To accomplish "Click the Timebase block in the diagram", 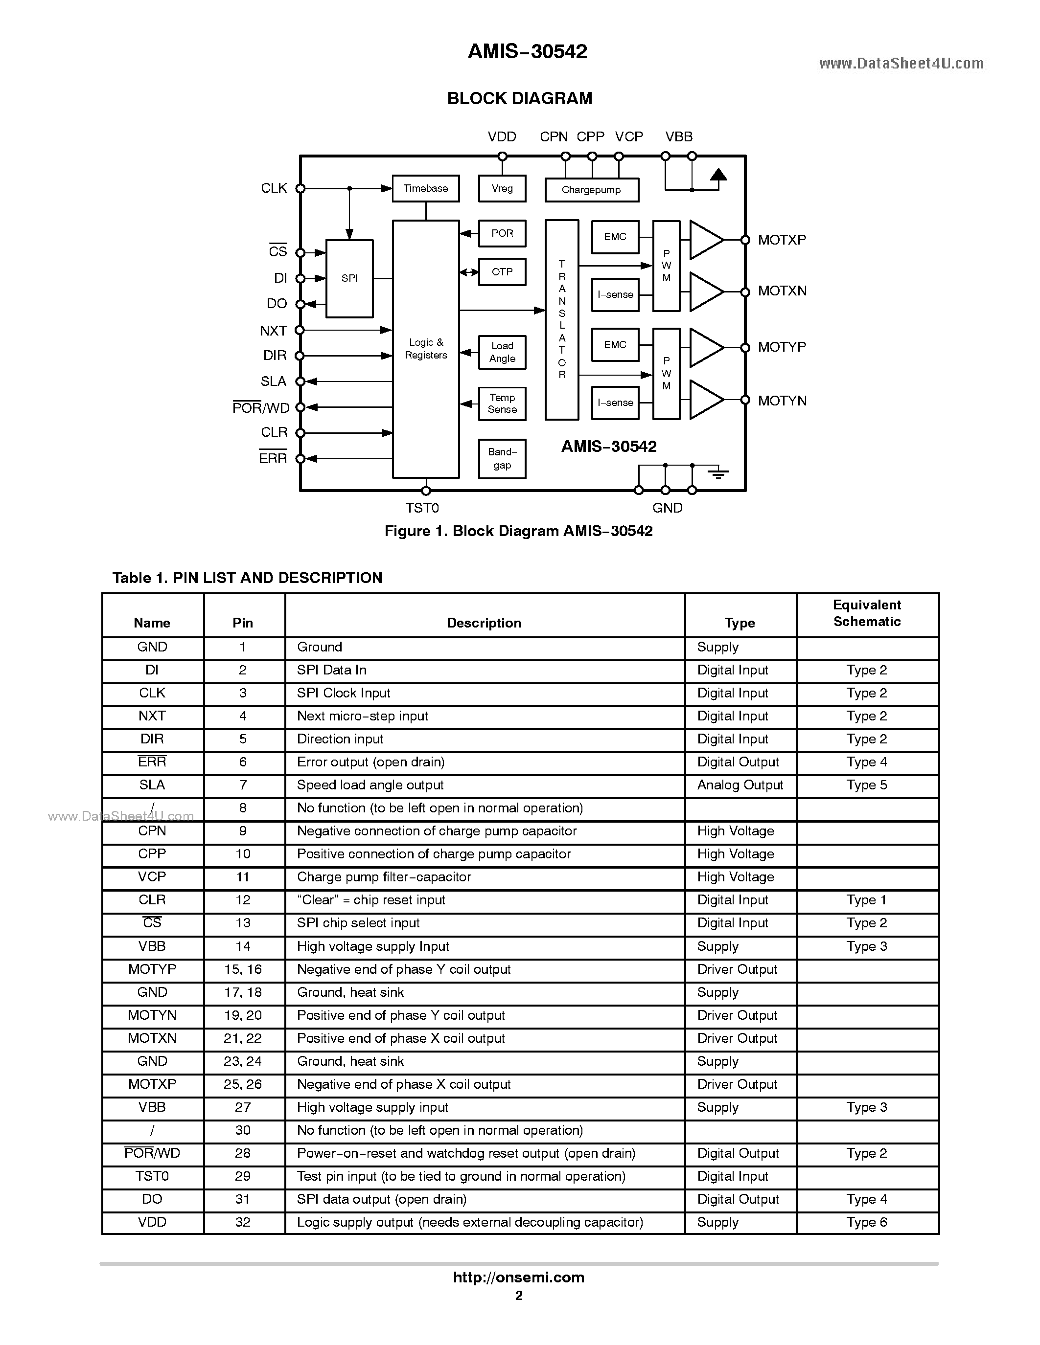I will coord(426,188).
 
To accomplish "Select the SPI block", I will coord(349,278).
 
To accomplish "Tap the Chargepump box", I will coord(592,190).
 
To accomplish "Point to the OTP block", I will coord(502,271).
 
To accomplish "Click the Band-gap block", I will coord(502,459).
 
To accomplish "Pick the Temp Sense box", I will coord(502,403).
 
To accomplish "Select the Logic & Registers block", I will coord(426,349).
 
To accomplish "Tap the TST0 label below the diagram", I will coord(422,508).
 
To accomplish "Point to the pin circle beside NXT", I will coord(300,330).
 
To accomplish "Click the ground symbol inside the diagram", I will coord(718,473).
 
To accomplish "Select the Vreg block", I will coord(502,188).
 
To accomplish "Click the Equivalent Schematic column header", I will coord(867,613).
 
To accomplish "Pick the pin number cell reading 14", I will coord(243,946).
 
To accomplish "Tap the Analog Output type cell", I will coord(740,785).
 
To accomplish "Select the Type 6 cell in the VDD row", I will coord(867,1222).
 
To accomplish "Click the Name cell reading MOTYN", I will coord(152,1015).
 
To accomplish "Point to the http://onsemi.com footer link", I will coord(519,1278).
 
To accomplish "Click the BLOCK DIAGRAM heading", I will coord(519,98).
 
